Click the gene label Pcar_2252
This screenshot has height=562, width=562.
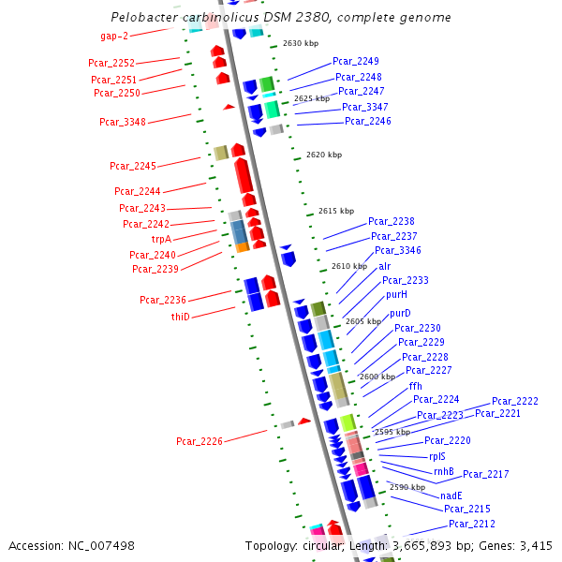[111, 63]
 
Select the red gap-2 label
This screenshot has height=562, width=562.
[114, 36]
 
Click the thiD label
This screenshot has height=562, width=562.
[180, 317]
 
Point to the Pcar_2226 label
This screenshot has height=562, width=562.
[200, 441]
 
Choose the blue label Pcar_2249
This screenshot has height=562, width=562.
[356, 61]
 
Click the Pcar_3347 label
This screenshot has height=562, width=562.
[365, 107]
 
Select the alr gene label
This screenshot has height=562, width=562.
[385, 266]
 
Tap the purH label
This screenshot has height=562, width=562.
[396, 294]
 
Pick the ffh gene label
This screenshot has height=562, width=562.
[415, 386]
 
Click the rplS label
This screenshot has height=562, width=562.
[437, 456]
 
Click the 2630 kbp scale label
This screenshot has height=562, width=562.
[300, 43]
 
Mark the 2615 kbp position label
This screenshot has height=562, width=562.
[336, 211]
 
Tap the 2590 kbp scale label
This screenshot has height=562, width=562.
[407, 487]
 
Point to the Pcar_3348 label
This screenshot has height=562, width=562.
[123, 122]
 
